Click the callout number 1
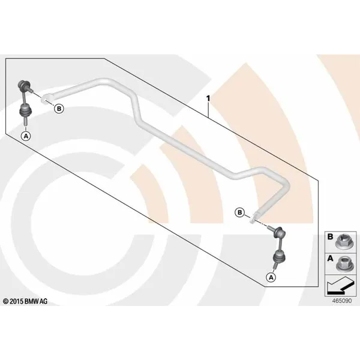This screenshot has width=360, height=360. pyautogui.click(x=208, y=98)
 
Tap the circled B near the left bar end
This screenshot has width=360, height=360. pyautogui.click(x=59, y=109)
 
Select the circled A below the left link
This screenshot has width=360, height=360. pyautogui.click(x=26, y=136)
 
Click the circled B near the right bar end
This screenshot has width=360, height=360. pyautogui.click(x=239, y=212)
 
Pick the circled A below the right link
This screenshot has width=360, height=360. pyautogui.click(x=271, y=277)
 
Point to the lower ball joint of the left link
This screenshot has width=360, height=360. pyautogui.click(x=25, y=110)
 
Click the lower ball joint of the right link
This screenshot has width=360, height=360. pyautogui.click(x=280, y=257)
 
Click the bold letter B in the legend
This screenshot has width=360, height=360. pyautogui.click(x=330, y=237)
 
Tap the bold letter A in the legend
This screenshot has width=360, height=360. pyautogui.click(x=330, y=259)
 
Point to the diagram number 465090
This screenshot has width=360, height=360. pyautogui.click(x=342, y=301)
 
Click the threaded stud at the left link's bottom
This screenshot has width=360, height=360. pyautogui.click(x=25, y=121)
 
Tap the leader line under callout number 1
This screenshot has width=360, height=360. pyautogui.click(x=208, y=110)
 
